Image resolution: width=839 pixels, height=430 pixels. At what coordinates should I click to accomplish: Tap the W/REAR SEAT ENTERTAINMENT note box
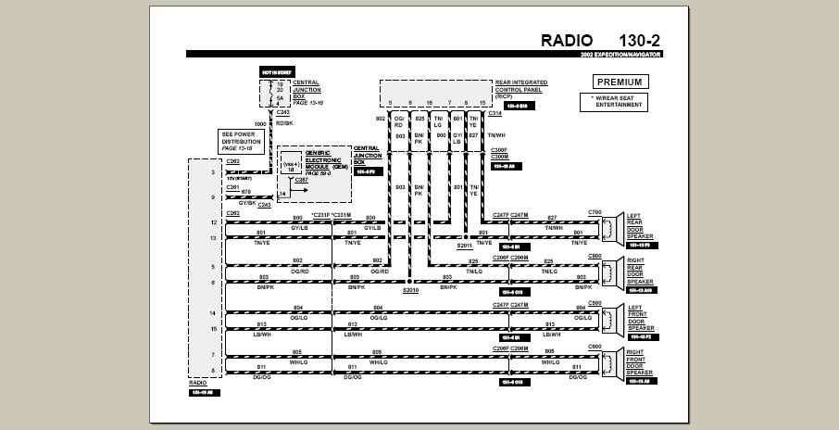click(x=614, y=102)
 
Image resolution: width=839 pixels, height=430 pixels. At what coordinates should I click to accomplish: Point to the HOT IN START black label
click(x=276, y=71)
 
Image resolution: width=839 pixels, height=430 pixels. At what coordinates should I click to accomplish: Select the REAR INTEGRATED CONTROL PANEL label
click(x=521, y=89)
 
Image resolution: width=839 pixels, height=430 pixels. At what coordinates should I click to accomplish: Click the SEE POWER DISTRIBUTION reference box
click(x=242, y=141)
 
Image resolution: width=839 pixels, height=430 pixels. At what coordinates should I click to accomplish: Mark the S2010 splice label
click(x=410, y=291)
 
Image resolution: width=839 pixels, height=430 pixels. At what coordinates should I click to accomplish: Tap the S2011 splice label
click(x=464, y=246)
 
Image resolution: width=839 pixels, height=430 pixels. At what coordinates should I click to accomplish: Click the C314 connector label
click(x=495, y=114)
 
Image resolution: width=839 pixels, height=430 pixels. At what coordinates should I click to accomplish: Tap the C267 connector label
click(x=302, y=180)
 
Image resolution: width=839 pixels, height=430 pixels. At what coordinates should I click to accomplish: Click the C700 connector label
click(x=595, y=213)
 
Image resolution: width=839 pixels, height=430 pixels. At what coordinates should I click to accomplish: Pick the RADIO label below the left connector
click(x=198, y=382)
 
